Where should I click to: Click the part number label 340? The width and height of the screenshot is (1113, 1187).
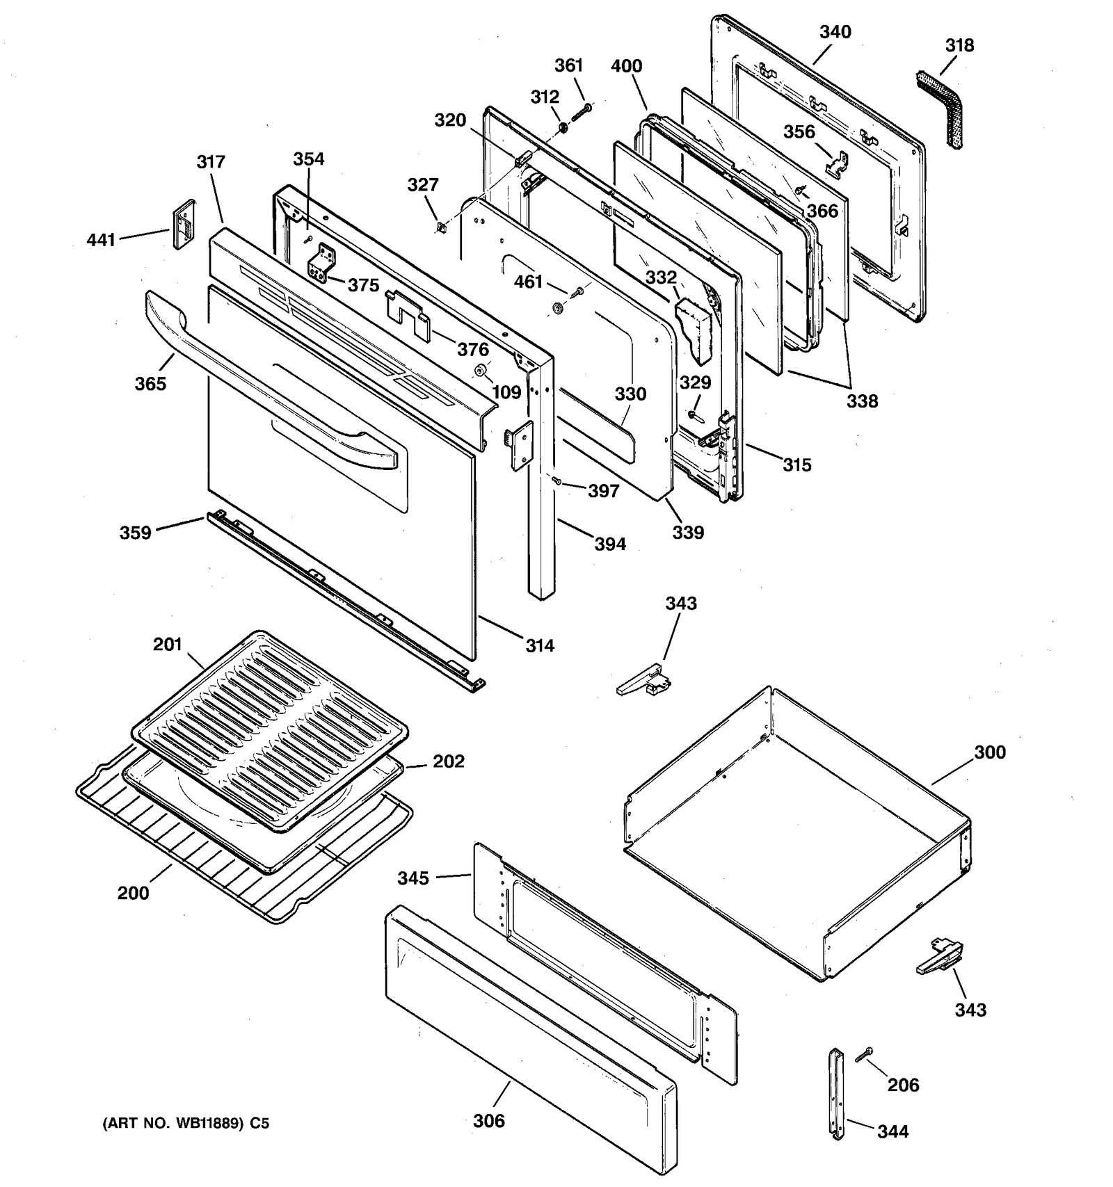tap(835, 32)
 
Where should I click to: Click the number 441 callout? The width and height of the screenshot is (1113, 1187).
tap(101, 241)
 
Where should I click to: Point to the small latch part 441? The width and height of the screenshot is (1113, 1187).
tap(184, 224)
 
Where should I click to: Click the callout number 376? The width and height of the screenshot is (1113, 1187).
tap(472, 349)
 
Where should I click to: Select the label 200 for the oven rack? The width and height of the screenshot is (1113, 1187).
tap(133, 893)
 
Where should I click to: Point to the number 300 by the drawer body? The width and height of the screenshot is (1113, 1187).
tap(989, 752)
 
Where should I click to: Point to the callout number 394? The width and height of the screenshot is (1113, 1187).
tap(610, 544)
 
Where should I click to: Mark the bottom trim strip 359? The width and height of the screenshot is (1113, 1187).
tap(341, 598)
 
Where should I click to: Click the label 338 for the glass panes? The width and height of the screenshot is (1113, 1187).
tap(862, 401)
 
